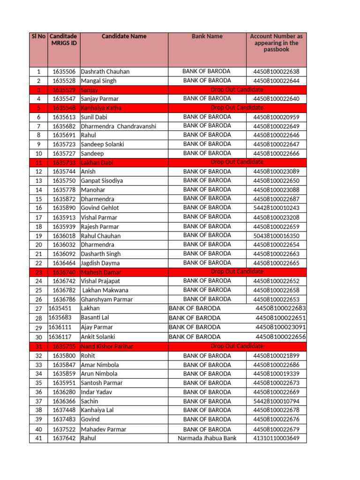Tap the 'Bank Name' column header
[207, 37]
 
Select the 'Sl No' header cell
[38, 37]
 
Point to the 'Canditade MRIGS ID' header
[63, 40]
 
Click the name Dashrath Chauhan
[105, 72]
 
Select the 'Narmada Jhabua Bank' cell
[207, 438]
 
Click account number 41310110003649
[276, 438]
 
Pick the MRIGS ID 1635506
[64, 72]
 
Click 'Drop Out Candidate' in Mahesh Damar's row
[237, 272]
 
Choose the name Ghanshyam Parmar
[106, 300]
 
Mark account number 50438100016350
[276, 236]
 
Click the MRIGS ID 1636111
[60, 327]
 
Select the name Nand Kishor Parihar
[107, 346]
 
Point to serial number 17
[38, 217]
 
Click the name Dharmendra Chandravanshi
[118, 127]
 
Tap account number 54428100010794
[276, 401]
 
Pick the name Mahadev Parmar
[103, 429]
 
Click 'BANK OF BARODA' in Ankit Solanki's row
[194, 337]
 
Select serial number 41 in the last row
[38, 438]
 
